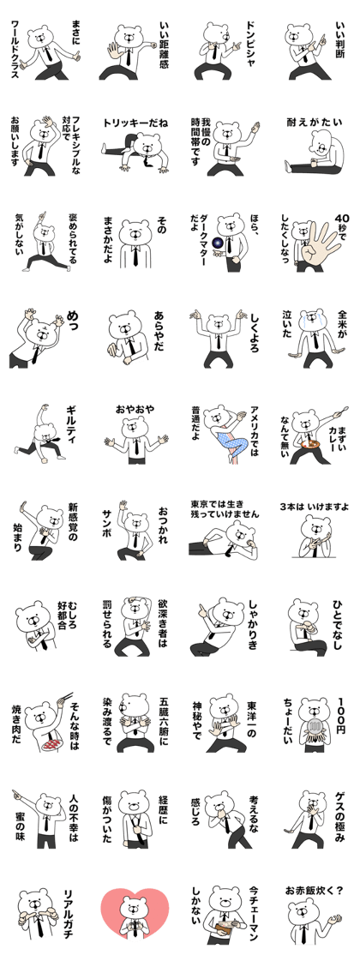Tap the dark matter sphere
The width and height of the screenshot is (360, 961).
pyautogui.click(x=218, y=245)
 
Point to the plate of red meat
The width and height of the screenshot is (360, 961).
pyautogui.click(x=51, y=743)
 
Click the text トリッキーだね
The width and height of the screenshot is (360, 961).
pyautogui.click(x=135, y=122)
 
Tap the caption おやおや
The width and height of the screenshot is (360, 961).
pyautogui.click(x=135, y=408)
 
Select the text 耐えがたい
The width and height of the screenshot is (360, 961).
pyautogui.click(x=314, y=122)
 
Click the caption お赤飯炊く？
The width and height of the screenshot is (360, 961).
pyautogui.click(x=315, y=890)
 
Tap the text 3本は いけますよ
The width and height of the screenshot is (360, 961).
pyautogui.click(x=315, y=507)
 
